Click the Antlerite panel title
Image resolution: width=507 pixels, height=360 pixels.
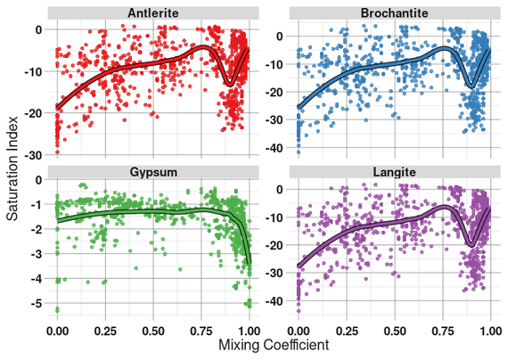click(x=153, y=12)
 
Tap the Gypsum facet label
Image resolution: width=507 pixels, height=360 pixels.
click(x=153, y=170)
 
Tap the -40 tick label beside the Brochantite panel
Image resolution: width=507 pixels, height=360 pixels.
click(x=279, y=148)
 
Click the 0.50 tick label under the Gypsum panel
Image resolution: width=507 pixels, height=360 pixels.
click(x=153, y=328)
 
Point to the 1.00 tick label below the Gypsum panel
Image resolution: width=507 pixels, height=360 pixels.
click(x=249, y=328)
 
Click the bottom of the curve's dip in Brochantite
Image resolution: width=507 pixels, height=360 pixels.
click(x=470, y=86)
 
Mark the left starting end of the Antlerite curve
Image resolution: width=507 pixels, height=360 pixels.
click(x=58, y=108)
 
